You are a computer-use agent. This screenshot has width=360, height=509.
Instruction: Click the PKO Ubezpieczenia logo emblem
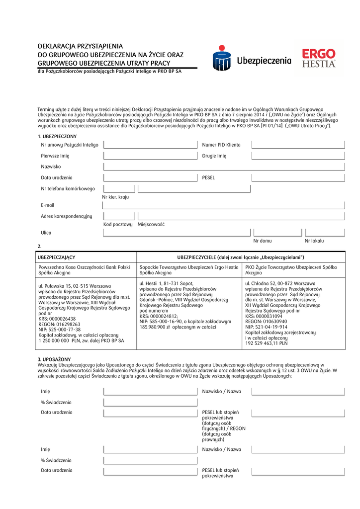pyautogui.click(x=222, y=59)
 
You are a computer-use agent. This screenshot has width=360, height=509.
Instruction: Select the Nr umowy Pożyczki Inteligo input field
pyautogui.click(x=150, y=145)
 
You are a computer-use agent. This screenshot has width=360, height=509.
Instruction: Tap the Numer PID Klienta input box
pyautogui.click(x=298, y=145)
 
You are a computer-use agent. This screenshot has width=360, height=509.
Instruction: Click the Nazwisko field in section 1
pyautogui.click(x=224, y=167)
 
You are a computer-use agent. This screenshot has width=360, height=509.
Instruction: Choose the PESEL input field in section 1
pyautogui.click(x=298, y=177)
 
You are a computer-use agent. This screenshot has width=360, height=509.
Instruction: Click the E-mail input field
pyautogui.click(x=224, y=205)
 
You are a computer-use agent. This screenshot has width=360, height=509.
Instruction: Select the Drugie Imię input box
pyautogui.click(x=298, y=156)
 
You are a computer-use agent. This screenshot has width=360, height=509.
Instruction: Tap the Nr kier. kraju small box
pyautogui.click(x=119, y=188)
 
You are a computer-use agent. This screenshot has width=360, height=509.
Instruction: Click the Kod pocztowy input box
pyautogui.click(x=119, y=216)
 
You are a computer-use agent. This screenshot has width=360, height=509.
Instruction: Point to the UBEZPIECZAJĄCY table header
pyautogui.click(x=57, y=257)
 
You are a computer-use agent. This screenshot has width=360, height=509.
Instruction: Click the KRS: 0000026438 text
pyautogui.click(x=57, y=319)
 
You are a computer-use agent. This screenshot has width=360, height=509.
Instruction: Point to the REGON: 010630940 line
pyautogui.click(x=266, y=322)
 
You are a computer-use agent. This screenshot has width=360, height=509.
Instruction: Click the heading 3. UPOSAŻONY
pyautogui.click(x=54, y=359)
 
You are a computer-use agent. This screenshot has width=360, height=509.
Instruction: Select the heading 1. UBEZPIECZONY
pyautogui.click(x=57, y=136)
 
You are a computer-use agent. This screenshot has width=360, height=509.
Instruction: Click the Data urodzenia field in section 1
pyautogui.click(x=150, y=177)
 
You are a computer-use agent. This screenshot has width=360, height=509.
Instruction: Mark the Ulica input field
pyautogui.click(x=177, y=232)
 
